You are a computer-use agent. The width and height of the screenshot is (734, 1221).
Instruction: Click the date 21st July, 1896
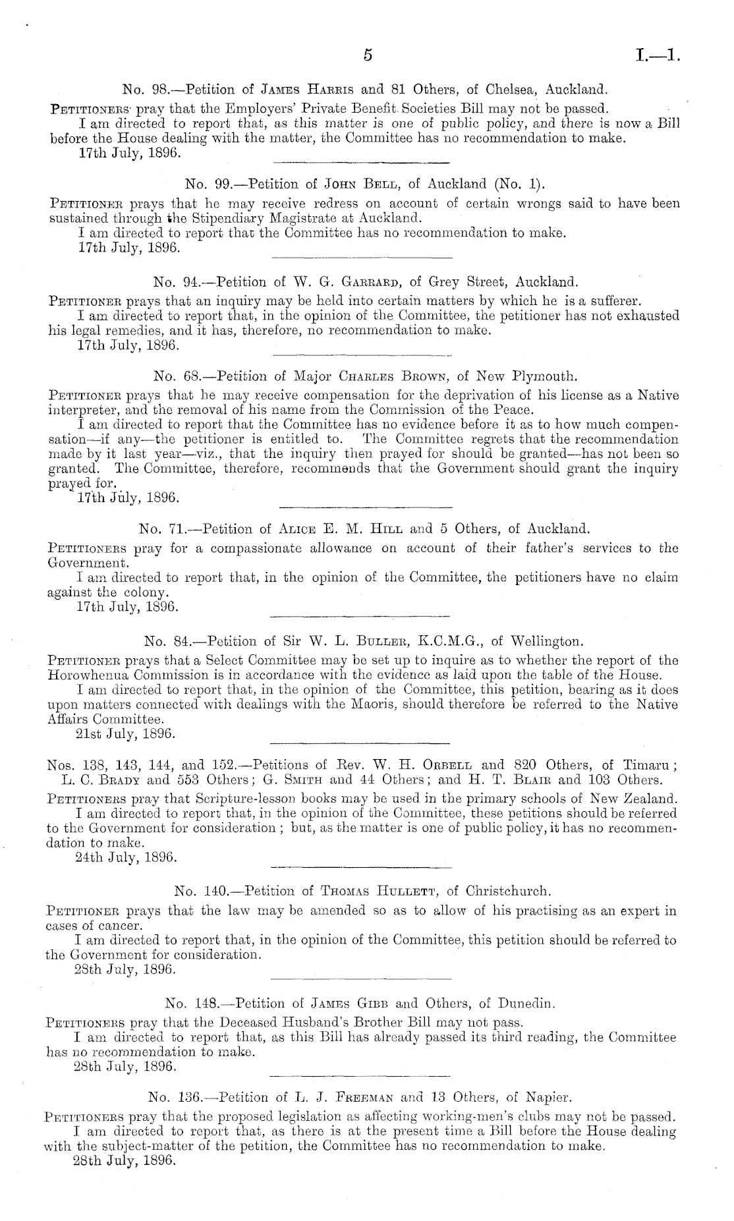126,733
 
